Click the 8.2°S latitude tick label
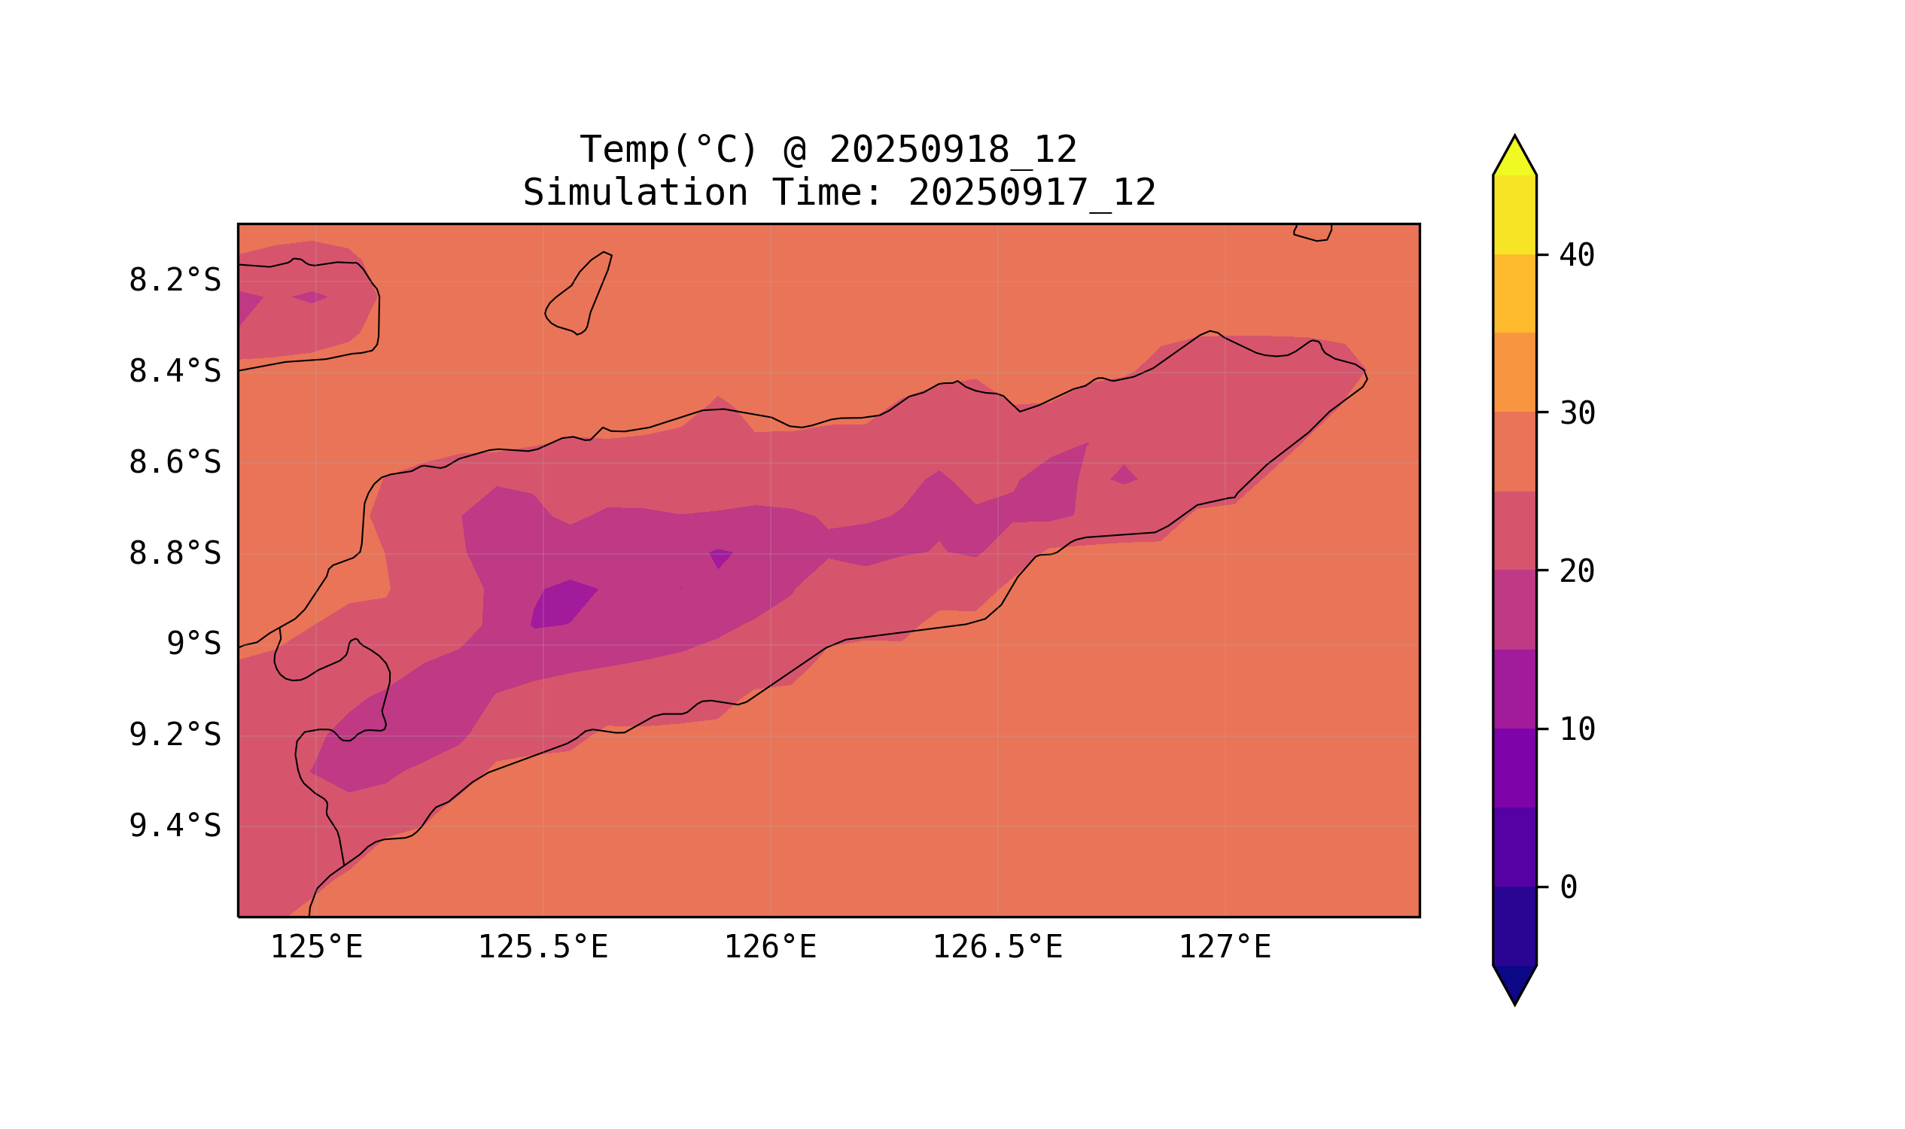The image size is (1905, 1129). tap(175, 281)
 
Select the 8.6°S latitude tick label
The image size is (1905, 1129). tap(175, 463)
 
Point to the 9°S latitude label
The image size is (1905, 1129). tap(194, 644)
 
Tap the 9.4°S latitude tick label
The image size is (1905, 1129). tap(175, 826)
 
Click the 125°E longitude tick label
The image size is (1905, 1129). tap(316, 948)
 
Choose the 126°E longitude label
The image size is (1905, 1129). tap(770, 948)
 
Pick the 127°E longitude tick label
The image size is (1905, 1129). tap(1224, 948)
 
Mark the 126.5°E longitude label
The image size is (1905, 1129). tap(997, 948)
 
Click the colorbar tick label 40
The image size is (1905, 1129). tap(1577, 256)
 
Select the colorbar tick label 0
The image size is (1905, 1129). tap(1569, 887)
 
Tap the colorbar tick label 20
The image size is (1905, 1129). tap(1577, 571)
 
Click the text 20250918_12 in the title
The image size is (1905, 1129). tap(953, 150)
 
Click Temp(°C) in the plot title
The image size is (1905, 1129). tap(668, 150)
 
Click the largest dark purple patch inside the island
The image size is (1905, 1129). tap(564, 604)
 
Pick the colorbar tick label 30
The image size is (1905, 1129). tap(1577, 414)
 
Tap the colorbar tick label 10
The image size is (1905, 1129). tap(1577, 729)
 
